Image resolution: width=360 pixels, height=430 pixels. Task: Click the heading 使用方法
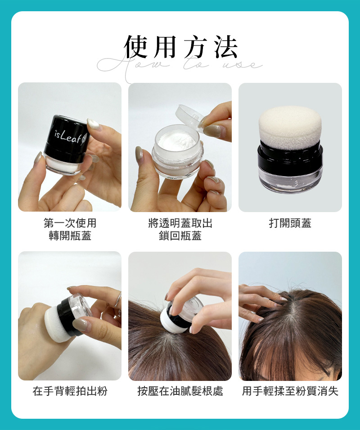pos(180,47)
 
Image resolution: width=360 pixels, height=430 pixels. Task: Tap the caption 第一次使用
pos(70,223)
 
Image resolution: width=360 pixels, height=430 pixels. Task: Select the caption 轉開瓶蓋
pos(70,235)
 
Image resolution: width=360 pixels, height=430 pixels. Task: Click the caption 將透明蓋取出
pos(180,223)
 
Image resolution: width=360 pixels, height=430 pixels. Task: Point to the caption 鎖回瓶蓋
pos(180,235)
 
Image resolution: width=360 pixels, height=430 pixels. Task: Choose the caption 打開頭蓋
pos(290,223)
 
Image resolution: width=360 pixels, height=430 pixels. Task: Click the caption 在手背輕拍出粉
pos(70,391)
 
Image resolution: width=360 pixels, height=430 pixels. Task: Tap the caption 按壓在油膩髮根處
pos(180,391)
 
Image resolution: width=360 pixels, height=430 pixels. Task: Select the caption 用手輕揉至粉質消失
pos(290,391)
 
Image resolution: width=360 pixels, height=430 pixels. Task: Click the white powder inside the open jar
pos(177,140)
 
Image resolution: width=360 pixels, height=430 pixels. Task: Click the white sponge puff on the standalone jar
pos(290,127)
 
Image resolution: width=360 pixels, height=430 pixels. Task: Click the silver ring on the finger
pos(118,300)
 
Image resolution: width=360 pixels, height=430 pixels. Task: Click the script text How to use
pos(180,66)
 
